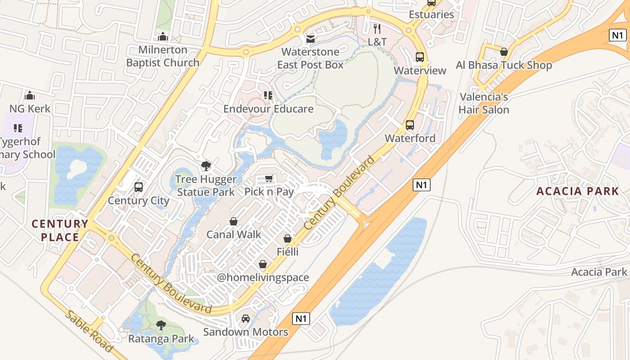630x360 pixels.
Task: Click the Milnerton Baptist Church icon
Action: click(162, 36)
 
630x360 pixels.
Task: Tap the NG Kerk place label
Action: click(30, 108)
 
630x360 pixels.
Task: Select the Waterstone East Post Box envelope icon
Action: click(310, 39)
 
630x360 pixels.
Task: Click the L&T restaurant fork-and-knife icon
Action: click(377, 29)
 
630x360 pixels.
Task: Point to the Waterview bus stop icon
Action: click(420, 57)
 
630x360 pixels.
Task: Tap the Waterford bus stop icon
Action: click(409, 125)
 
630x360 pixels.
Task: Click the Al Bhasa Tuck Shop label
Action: click(504, 65)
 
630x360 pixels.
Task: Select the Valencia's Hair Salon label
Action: click(484, 103)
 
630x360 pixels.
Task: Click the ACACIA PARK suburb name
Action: click(577, 191)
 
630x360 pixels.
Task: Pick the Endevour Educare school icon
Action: click(268, 95)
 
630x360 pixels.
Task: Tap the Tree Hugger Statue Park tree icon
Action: click(206, 166)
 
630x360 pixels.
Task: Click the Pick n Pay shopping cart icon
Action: click(269, 179)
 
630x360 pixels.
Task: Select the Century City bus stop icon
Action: click(139, 187)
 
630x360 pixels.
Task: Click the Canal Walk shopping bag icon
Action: click(234, 221)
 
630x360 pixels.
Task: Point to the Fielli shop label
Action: click(288, 252)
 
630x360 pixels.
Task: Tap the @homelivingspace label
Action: click(263, 277)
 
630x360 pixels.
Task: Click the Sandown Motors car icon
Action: click(246, 319)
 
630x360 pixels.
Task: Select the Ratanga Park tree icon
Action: click(161, 325)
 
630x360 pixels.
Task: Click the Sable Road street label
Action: click(89, 331)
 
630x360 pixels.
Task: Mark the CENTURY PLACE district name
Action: click(60, 230)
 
